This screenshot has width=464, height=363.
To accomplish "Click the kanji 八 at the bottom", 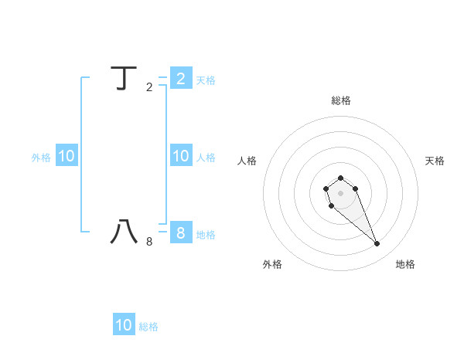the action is coord(124,232).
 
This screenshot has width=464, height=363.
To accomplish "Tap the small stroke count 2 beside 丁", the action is coord(149,87).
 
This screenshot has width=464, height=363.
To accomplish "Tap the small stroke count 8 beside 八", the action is coord(149,242).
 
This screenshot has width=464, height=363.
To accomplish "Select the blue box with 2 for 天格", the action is coord(180,78).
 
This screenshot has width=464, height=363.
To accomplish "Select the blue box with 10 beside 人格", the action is coord(180,156).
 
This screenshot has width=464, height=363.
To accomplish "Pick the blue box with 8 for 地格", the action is coord(180,232).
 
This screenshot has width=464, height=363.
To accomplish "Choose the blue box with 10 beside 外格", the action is coord(66,156).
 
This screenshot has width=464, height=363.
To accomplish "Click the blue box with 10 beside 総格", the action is coord(124,325).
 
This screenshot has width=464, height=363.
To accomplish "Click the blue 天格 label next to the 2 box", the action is coord(206,80).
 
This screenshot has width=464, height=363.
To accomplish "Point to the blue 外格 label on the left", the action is coord(41,158).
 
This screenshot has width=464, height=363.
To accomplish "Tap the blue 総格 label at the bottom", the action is coord(148,327).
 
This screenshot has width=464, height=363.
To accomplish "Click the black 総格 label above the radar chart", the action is coord(341,100).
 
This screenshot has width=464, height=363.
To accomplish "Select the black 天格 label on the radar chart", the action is coord(435,161).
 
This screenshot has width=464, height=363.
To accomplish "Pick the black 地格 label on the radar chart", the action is coord(405,264).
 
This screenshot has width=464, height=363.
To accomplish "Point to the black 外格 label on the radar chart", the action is coord(272,264).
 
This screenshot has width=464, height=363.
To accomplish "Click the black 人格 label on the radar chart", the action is coord(247,161).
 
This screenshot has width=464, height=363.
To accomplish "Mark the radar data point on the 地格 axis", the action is coord(377,244).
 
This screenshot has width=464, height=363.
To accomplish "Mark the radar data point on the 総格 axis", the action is coord(340,178).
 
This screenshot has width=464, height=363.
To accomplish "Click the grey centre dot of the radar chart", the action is coord(340,192).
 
